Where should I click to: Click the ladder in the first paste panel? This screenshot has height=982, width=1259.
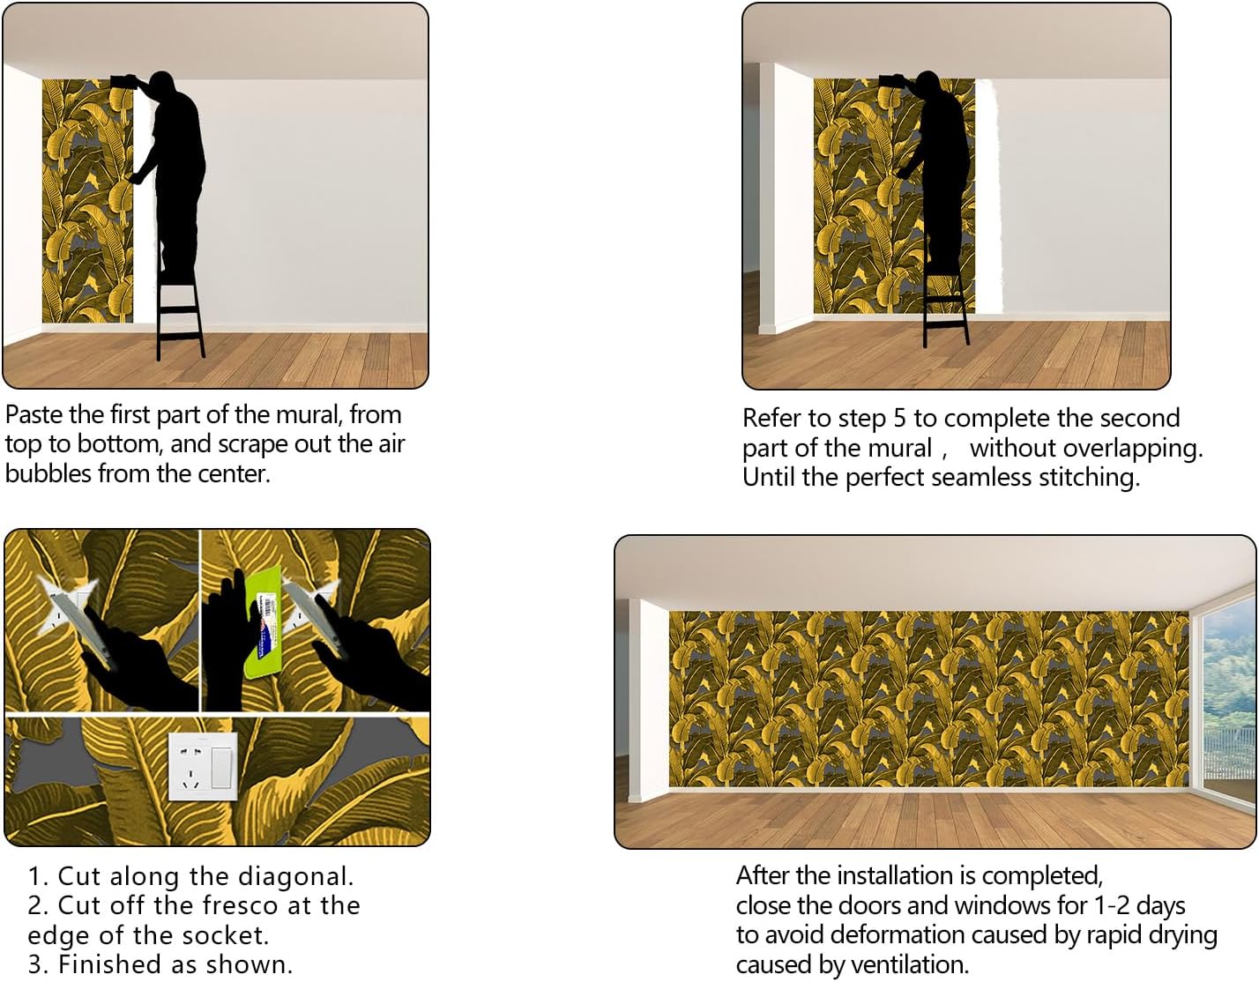click(181, 313)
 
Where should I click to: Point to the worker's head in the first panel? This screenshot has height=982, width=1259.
click(162, 88)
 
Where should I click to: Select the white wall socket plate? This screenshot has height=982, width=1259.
click(204, 765)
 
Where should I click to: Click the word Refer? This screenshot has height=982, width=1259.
click(773, 418)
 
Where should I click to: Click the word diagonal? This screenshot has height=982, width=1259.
click(301, 876)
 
